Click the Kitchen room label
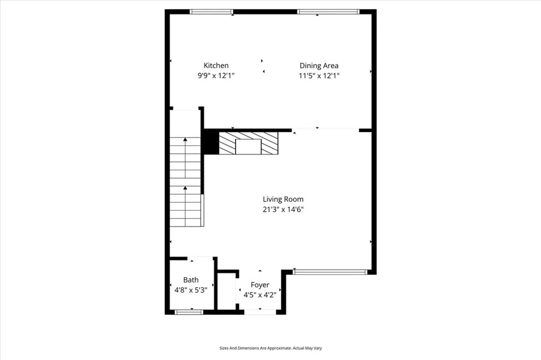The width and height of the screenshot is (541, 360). click(x=217, y=65)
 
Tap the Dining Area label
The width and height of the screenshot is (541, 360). click(x=319, y=65)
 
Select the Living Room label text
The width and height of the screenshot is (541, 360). click(x=283, y=199)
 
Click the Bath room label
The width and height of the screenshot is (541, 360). click(x=191, y=280)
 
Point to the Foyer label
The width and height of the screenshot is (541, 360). click(x=260, y=285)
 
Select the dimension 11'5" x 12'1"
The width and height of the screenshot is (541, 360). click(x=319, y=75)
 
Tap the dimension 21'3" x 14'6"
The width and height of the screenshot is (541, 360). click(x=283, y=209)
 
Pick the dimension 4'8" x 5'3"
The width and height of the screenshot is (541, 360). click(x=191, y=290)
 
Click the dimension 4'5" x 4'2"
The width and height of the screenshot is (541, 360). click(x=260, y=295)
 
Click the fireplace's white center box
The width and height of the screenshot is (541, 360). click(x=248, y=147)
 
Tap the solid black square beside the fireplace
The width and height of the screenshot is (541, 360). click(x=211, y=142)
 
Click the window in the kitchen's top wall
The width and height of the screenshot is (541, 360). click(x=211, y=11)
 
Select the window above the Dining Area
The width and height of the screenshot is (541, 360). click(x=328, y=11)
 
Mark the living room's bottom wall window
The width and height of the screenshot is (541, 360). click(x=330, y=272)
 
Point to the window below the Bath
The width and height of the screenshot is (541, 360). click(x=189, y=312)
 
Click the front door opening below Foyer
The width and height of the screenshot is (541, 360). click(x=260, y=312)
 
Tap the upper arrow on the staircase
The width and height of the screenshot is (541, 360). click(x=185, y=140)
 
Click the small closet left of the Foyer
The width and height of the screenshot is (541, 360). click(x=227, y=291)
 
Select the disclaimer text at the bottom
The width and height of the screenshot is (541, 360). click(x=270, y=348)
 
